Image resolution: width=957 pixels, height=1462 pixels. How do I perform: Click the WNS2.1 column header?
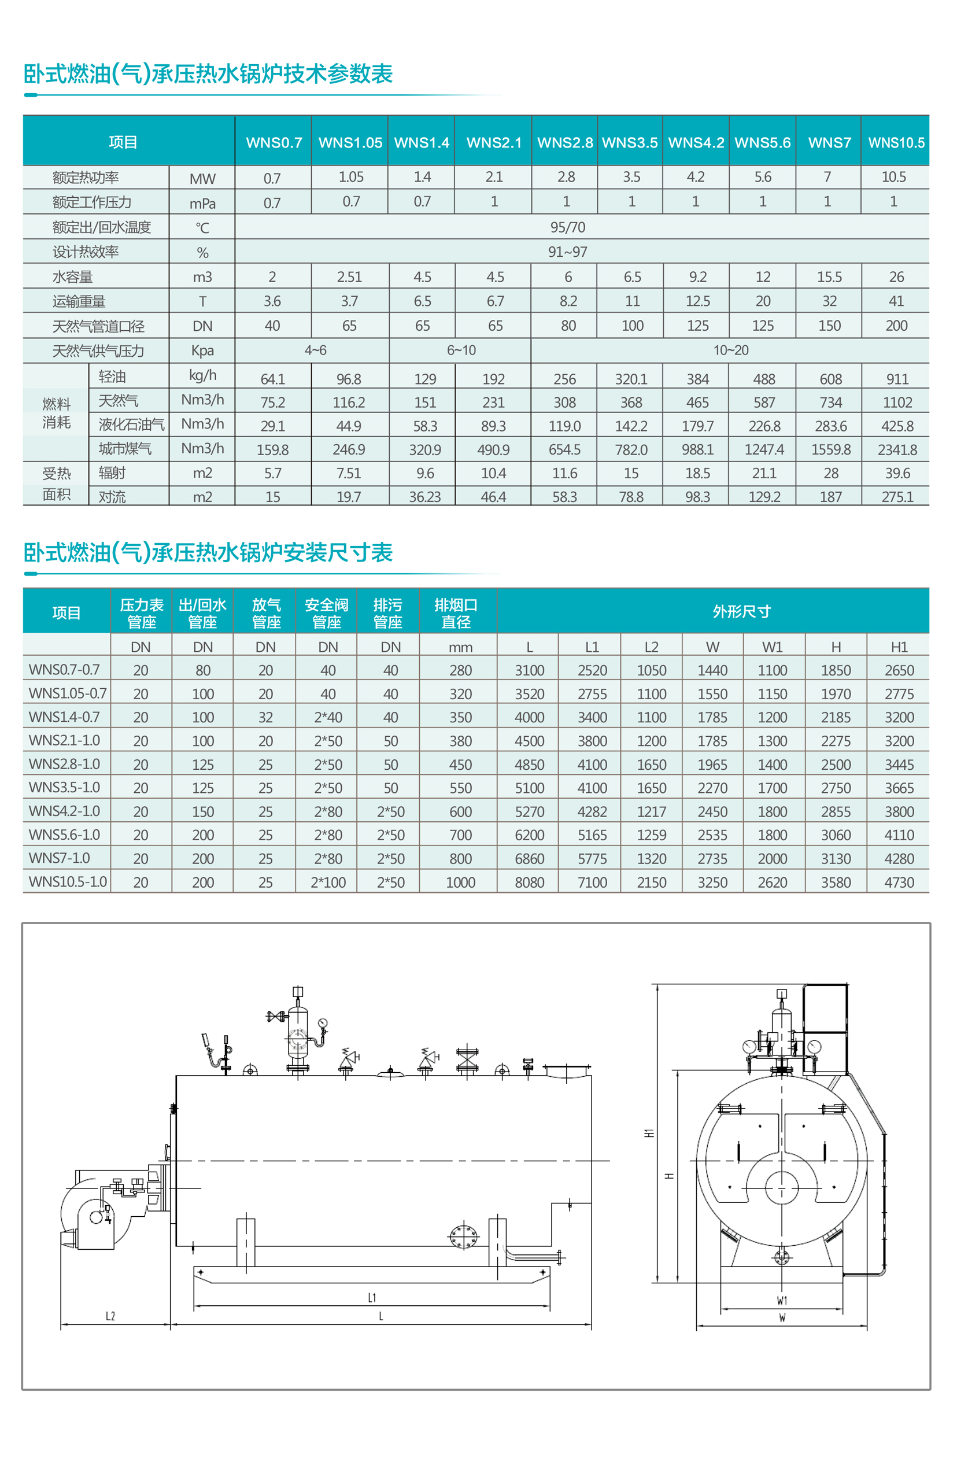tap(493, 142)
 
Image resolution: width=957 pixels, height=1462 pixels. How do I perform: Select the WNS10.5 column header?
tap(896, 142)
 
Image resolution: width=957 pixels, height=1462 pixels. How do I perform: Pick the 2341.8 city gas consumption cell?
tap(897, 450)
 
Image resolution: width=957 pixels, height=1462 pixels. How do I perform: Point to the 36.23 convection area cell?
tap(424, 496)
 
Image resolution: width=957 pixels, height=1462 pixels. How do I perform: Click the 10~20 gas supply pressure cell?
tap(730, 350)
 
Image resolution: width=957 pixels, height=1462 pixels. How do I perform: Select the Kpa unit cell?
tap(202, 350)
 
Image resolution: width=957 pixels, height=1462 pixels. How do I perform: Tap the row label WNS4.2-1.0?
tap(65, 811)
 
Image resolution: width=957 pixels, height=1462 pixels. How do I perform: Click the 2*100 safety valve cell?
tap(328, 882)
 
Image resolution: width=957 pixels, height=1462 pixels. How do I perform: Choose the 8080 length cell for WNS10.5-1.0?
tap(529, 882)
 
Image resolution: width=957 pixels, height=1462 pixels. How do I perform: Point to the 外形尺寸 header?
tap(741, 611)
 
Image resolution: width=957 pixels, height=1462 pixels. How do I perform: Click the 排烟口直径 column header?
tap(456, 613)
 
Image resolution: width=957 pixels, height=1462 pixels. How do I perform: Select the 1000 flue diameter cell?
tap(460, 882)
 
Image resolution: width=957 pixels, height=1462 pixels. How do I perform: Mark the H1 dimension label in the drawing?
tap(649, 1133)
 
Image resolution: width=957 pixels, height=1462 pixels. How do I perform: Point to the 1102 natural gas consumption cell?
tap(897, 403)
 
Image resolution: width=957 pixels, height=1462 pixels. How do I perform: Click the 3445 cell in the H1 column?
tap(899, 765)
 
